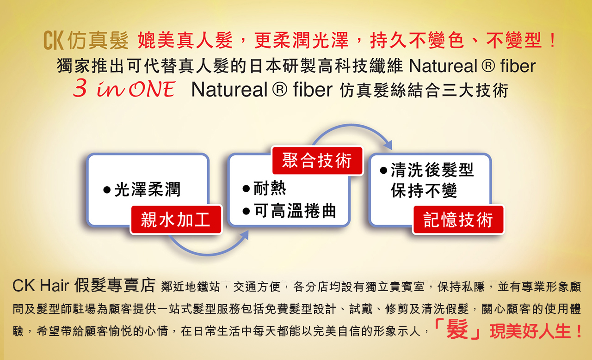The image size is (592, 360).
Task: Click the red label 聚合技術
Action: coord(317,160)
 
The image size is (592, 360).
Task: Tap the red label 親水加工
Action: coord(176,220)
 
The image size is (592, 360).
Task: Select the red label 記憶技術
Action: coord(458,220)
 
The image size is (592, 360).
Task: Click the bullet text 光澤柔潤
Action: coord(148,189)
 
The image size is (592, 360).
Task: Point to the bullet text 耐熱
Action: coord(270,188)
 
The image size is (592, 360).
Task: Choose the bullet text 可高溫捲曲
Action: coord(295,211)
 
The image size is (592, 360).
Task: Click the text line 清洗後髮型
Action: coord(432,170)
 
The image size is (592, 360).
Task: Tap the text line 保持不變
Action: coord(424,190)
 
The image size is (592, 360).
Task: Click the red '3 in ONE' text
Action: coord(124,89)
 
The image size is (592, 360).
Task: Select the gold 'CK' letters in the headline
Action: coord(54,40)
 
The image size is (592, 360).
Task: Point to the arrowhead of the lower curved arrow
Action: coord(245,235)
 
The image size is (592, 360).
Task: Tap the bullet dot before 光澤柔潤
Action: coord(107,190)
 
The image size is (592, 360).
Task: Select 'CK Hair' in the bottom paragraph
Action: coord(41,286)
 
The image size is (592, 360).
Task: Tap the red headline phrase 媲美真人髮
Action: coord(185,40)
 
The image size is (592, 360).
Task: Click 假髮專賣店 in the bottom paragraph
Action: coord(115,285)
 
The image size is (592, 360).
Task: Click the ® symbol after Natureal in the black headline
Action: coord(488,66)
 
